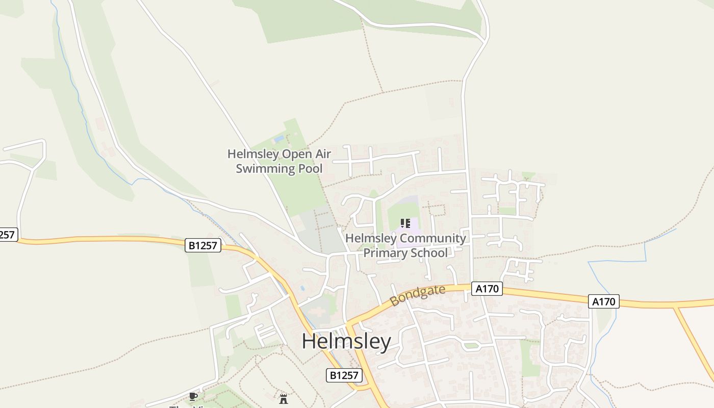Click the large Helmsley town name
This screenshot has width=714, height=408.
coord(346,341)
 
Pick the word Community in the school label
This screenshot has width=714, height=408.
coord(433,238)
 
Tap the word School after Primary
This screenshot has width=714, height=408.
coord(431,253)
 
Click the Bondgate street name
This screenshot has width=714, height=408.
coord(417,295)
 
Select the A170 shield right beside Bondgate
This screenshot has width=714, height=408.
coord(487,289)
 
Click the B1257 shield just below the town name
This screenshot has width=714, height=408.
coord(344,376)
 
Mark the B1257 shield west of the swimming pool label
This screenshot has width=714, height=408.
coord(202,246)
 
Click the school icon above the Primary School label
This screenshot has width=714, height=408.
coord(405,223)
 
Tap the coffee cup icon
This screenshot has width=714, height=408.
coord(193,396)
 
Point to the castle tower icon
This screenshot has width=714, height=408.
coord(284,399)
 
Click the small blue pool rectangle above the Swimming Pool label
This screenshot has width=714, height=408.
coord(278,139)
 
